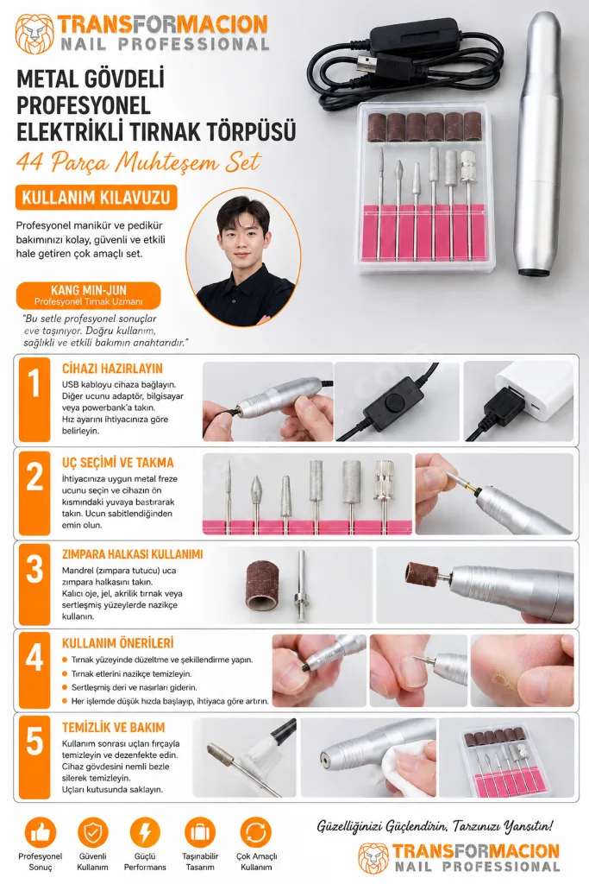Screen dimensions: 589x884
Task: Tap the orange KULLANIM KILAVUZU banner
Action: click(x=97, y=198)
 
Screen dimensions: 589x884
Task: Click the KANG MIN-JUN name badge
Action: click(x=89, y=295)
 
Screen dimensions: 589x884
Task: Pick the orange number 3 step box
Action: click(x=34, y=585)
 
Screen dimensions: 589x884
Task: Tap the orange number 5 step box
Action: click(x=34, y=757)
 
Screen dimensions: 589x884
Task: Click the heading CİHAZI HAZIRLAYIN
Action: click(x=112, y=369)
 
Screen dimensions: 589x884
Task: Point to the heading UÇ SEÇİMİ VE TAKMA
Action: click(x=117, y=463)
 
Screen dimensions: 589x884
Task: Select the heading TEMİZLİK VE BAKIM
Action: click(x=113, y=727)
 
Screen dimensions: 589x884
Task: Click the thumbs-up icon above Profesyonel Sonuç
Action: click(x=41, y=833)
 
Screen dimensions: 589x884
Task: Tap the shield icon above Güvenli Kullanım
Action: click(x=92, y=833)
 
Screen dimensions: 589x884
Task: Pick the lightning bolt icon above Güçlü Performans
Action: click(x=145, y=833)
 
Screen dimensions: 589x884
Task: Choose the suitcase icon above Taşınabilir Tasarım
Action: click(x=200, y=833)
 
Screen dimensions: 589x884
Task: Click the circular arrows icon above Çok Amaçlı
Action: click(x=255, y=833)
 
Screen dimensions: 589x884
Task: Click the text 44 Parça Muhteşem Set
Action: click(x=139, y=162)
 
